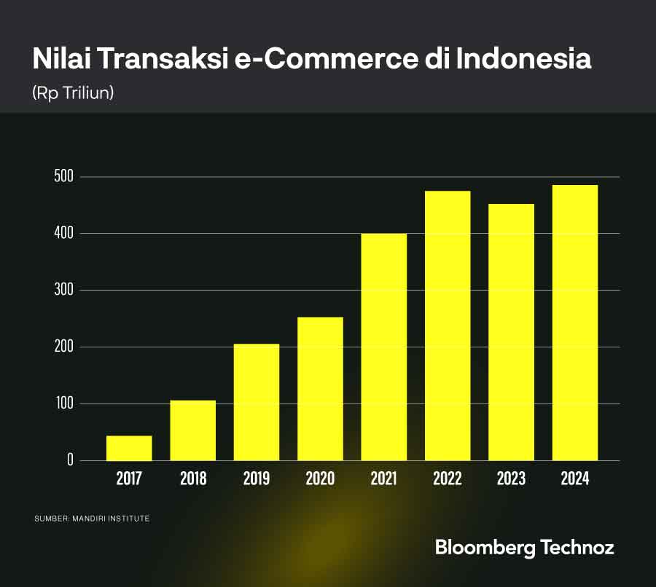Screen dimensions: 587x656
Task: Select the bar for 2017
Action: [x=129, y=448]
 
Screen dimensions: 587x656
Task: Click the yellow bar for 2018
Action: [x=192, y=430]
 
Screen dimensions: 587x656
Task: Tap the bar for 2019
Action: [x=257, y=402]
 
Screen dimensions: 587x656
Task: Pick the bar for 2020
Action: [x=320, y=389]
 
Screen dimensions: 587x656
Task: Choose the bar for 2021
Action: [x=384, y=347]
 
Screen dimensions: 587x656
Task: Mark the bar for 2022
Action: [x=448, y=326]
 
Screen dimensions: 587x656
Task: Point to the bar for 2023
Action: [x=512, y=332]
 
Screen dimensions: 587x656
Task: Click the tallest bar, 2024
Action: [x=575, y=323]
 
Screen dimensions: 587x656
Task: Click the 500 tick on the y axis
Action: [x=64, y=177]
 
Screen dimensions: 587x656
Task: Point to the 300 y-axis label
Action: [x=64, y=291]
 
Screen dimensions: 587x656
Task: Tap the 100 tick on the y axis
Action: [x=64, y=403]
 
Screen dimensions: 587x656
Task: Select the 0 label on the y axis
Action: [x=71, y=460]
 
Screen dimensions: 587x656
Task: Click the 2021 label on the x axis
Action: [x=383, y=478]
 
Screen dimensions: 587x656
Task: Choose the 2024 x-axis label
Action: [x=575, y=478]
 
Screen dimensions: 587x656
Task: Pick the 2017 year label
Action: [x=129, y=478]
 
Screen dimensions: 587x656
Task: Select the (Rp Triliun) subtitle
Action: [x=73, y=93]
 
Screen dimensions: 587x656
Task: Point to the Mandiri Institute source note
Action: [x=92, y=519]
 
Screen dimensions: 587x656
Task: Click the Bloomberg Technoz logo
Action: [x=524, y=548]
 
